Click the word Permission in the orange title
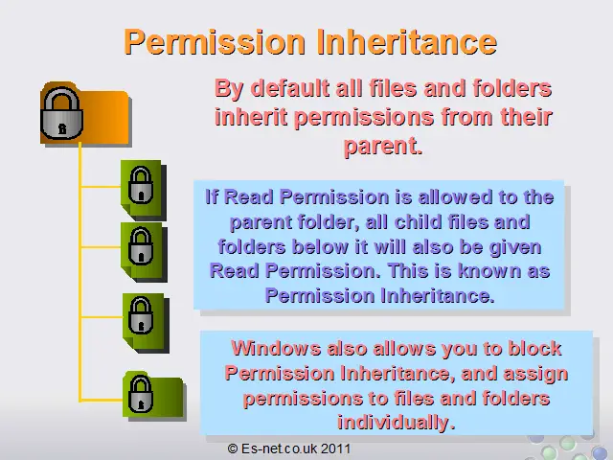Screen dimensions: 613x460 (215, 43)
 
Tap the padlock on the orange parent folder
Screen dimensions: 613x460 (61, 113)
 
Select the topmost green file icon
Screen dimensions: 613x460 (144, 190)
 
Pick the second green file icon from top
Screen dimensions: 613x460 (144, 252)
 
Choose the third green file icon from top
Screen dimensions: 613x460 (146, 323)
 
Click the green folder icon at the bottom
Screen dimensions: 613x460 (154, 396)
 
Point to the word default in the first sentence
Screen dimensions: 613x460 (290, 88)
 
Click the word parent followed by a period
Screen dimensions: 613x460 (383, 147)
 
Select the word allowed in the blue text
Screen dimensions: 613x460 (455, 196)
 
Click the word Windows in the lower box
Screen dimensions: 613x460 (276, 348)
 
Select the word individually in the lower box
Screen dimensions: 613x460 (397, 423)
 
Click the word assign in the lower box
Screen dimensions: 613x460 (535, 374)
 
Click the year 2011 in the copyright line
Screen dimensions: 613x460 (336, 448)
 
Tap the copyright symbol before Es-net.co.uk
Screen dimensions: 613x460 (233, 448)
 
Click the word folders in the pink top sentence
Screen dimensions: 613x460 (512, 88)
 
